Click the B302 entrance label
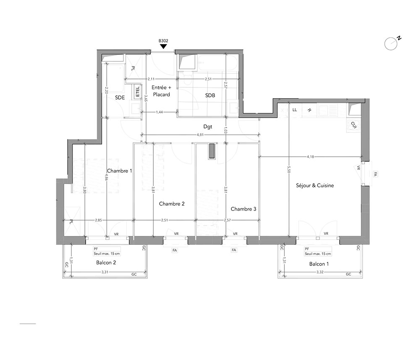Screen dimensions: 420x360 (x=163, y=41)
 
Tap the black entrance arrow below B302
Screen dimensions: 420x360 (x=163, y=47)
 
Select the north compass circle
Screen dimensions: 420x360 (x=391, y=44)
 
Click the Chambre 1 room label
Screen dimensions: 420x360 (x=119, y=171)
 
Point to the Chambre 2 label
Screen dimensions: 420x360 (x=172, y=204)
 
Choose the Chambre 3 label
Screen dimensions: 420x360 (x=244, y=209)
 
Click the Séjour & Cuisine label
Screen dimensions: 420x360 (x=315, y=185)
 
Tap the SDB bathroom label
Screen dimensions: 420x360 (x=210, y=95)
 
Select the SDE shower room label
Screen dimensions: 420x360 (x=120, y=97)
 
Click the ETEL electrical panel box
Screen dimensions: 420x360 (x=137, y=91)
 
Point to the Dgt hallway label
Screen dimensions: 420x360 (x=207, y=126)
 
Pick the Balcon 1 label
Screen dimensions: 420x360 (x=319, y=264)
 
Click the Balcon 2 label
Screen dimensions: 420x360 (x=106, y=263)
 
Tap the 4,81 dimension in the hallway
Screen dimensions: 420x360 (x=200, y=135)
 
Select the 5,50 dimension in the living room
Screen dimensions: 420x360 (x=289, y=170)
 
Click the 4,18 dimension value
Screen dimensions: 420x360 (x=310, y=157)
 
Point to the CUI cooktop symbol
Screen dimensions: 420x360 (x=354, y=125)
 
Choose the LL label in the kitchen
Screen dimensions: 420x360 (x=295, y=110)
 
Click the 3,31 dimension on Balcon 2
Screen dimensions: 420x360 (x=105, y=272)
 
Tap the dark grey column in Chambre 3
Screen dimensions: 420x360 (x=212, y=151)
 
